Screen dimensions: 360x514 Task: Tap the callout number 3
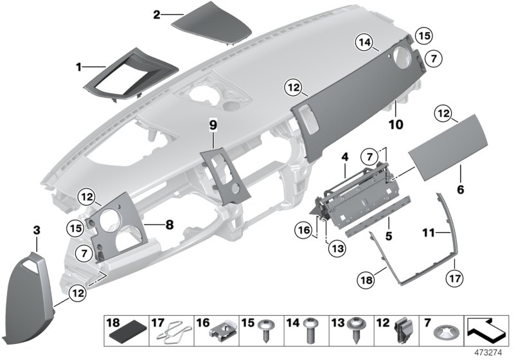(37, 230)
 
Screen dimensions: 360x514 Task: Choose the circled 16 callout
(305, 230)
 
